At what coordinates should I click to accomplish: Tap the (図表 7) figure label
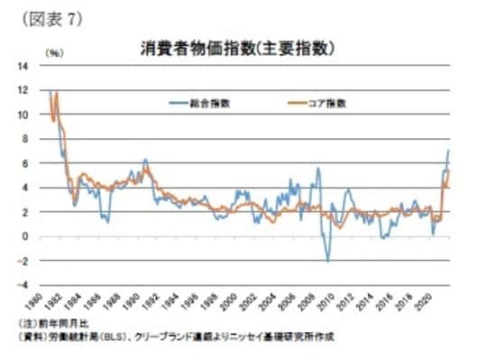pyautogui.click(x=44, y=19)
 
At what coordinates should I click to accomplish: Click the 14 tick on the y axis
pyautogui.click(x=22, y=67)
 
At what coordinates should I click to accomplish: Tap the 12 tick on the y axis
pyautogui.click(x=22, y=90)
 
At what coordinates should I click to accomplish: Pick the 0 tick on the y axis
pyautogui.click(x=24, y=236)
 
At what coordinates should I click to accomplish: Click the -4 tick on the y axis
pyautogui.click(x=23, y=285)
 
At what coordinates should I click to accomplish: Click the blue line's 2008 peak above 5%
pyautogui.click(x=317, y=169)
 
